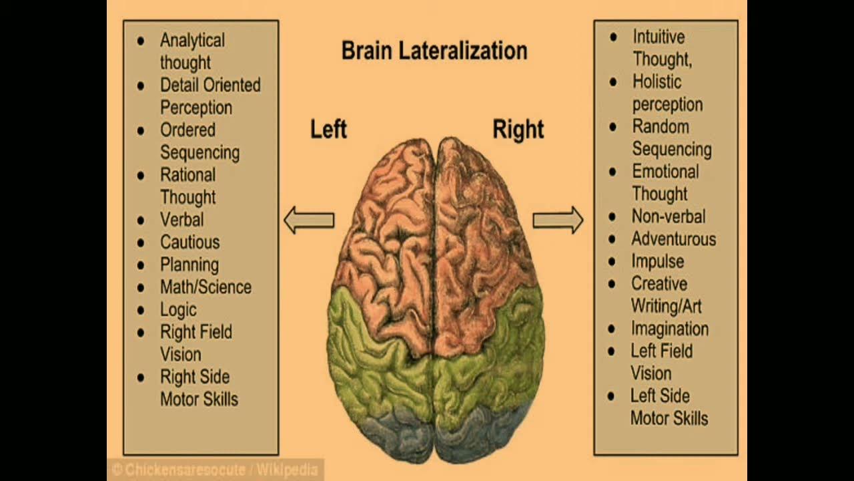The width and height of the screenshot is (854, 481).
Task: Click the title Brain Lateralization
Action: point(434,51)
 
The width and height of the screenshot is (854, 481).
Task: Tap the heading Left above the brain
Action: point(328,129)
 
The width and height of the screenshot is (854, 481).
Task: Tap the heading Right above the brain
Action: point(518,129)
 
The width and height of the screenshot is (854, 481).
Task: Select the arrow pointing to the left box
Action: point(309,220)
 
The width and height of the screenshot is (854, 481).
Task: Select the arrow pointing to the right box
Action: point(558,220)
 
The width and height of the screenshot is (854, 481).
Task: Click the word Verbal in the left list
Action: point(181,220)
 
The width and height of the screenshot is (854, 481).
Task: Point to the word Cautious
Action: point(189,243)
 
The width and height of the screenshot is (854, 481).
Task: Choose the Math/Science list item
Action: point(205,287)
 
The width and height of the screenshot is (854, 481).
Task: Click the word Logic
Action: point(178,310)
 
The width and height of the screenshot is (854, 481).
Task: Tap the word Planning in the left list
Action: point(189,265)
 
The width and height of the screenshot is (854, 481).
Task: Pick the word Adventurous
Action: point(673,239)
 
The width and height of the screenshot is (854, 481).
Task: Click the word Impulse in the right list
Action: point(657,261)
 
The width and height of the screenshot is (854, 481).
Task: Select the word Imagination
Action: point(670,329)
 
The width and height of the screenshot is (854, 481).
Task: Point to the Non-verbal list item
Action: point(668,216)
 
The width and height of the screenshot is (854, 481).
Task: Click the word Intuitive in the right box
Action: point(659,37)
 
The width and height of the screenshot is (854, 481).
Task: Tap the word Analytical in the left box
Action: point(192,40)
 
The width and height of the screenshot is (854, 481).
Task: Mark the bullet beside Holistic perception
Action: point(613,82)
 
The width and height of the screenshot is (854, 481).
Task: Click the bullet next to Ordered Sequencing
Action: point(140,130)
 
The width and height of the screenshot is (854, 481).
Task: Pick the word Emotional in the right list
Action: point(665,172)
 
